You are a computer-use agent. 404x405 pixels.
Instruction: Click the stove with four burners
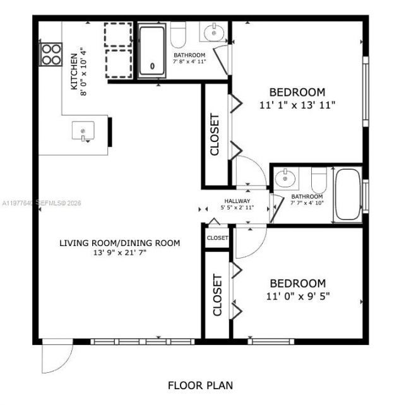tap(50, 54)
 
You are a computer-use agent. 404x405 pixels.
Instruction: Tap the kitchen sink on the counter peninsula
tap(83, 132)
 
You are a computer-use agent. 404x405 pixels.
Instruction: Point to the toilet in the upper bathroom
tap(179, 35)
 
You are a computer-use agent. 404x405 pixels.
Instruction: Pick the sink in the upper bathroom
tap(213, 32)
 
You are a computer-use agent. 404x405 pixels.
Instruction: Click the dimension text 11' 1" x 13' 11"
tap(297, 105)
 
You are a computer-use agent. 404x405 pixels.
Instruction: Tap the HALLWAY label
tap(237, 201)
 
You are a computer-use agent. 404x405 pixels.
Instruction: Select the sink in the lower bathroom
tap(287, 179)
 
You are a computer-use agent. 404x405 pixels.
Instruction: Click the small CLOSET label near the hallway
tap(217, 238)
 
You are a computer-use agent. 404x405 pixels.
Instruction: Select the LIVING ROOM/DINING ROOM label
tap(120, 243)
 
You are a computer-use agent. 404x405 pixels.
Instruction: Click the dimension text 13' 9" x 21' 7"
tap(120, 253)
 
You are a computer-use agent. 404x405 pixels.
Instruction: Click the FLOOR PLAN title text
tap(201, 384)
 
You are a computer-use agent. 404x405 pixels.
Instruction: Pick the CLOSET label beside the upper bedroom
tap(215, 134)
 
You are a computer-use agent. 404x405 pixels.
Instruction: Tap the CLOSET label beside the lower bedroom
tap(217, 295)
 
